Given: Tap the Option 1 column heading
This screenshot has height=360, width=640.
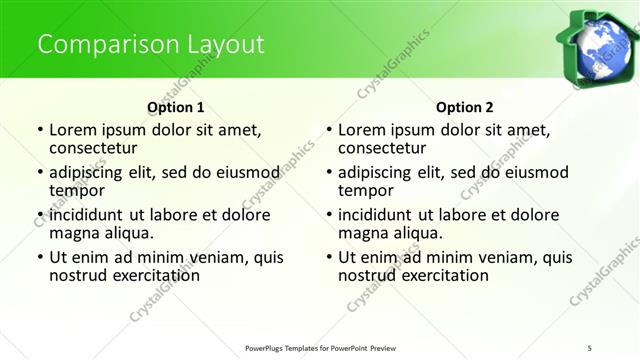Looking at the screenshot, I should click(176, 106).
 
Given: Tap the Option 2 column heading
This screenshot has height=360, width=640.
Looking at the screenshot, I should click(465, 106).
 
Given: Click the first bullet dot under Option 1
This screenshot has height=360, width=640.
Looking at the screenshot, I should click(39, 131).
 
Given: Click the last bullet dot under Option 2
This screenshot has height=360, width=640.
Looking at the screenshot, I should click(328, 258).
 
